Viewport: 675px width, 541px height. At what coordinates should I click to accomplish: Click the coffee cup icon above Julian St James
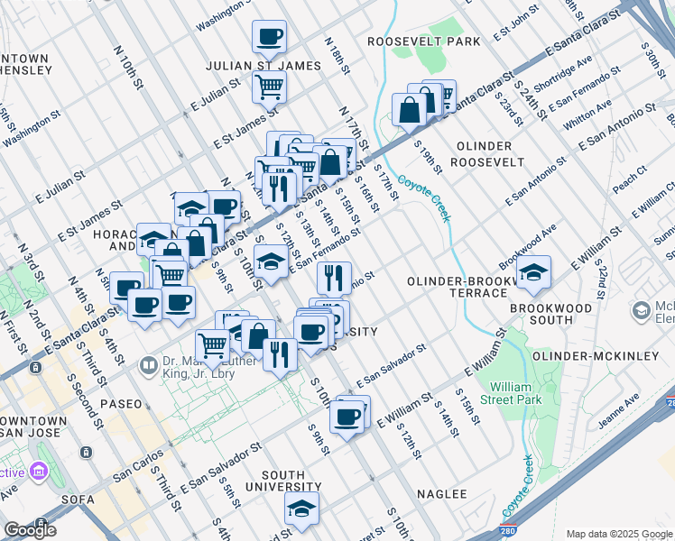pyautogui.click(x=269, y=37)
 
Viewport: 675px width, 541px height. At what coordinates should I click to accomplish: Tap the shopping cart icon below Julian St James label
pyautogui.click(x=269, y=87)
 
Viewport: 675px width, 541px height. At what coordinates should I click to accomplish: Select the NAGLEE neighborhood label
pyautogui.click(x=442, y=494)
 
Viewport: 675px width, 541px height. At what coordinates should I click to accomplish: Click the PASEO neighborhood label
pyautogui.click(x=121, y=404)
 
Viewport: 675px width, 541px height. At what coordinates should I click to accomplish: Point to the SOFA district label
pyautogui.click(x=74, y=499)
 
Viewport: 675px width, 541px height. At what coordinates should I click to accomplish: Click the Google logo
pyautogui.click(x=30, y=529)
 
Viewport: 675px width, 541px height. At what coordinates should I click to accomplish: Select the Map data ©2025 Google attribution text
pyautogui.click(x=618, y=534)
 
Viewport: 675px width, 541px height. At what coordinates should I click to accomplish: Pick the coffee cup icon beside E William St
pyautogui.click(x=347, y=417)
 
